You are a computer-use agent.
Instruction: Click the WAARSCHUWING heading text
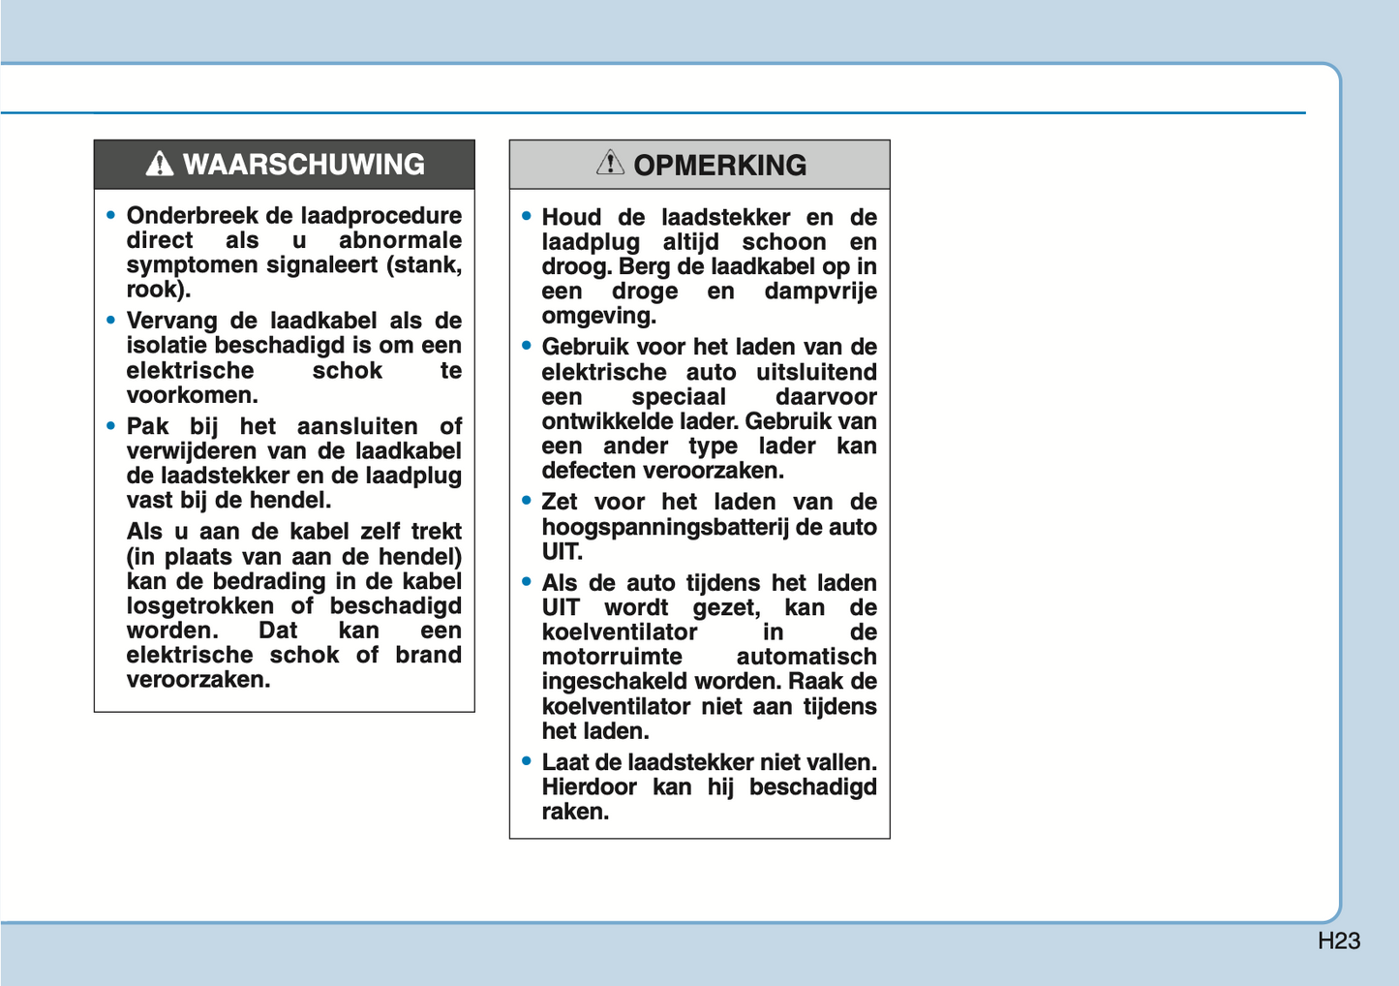(x=303, y=165)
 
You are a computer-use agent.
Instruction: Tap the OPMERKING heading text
(x=719, y=166)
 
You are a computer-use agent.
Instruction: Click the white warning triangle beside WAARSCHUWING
(x=160, y=165)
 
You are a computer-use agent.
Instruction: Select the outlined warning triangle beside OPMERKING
(x=610, y=163)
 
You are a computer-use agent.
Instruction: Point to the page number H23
(x=1339, y=940)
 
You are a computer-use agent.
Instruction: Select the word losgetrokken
(x=200, y=606)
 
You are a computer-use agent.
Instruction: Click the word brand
(x=428, y=656)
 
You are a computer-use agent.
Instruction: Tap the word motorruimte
(x=612, y=657)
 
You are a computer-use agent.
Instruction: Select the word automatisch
(x=806, y=657)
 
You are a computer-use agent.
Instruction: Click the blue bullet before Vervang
(x=111, y=320)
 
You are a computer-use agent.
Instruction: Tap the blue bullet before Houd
(x=527, y=216)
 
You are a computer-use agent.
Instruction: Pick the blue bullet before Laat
(x=527, y=761)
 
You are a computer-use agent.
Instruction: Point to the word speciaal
(x=679, y=397)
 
